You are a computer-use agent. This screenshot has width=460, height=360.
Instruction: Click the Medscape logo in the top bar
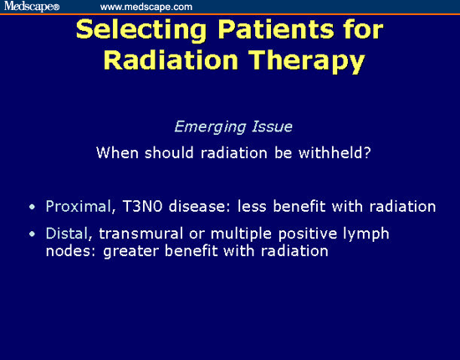tap(29, 7)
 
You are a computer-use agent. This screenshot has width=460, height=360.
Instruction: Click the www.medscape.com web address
tap(146, 7)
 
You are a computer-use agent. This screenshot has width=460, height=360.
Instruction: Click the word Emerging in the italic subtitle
tap(205, 127)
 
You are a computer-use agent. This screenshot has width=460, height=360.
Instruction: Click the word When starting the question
tap(115, 152)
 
